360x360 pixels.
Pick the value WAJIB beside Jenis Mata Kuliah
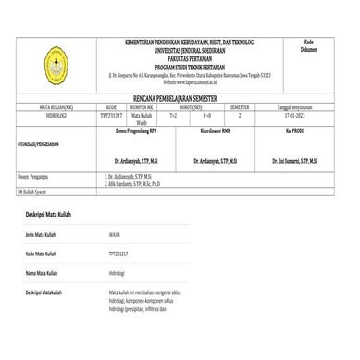[115, 236]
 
